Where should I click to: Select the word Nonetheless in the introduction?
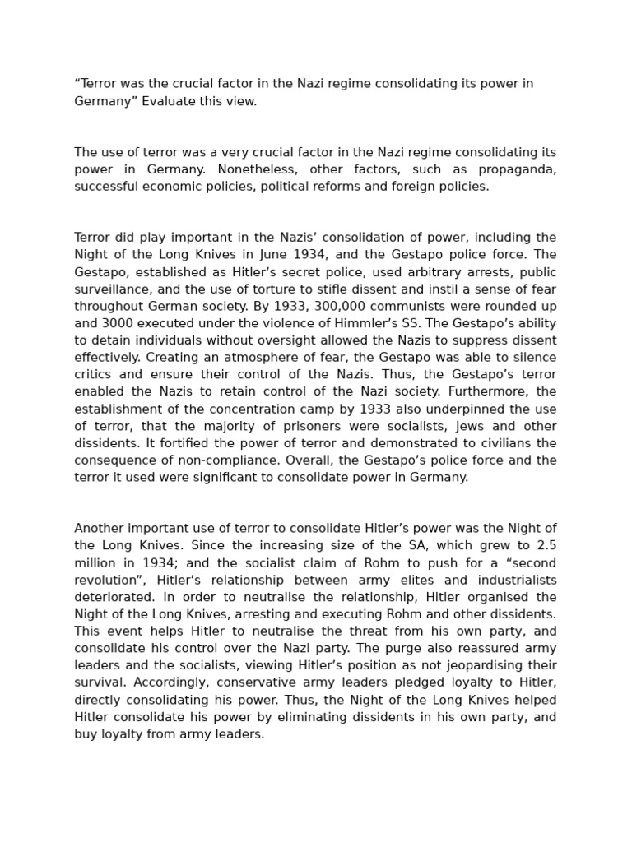point(243,169)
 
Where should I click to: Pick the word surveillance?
point(110,289)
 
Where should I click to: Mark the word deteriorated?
point(112,597)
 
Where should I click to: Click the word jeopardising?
point(463,666)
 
